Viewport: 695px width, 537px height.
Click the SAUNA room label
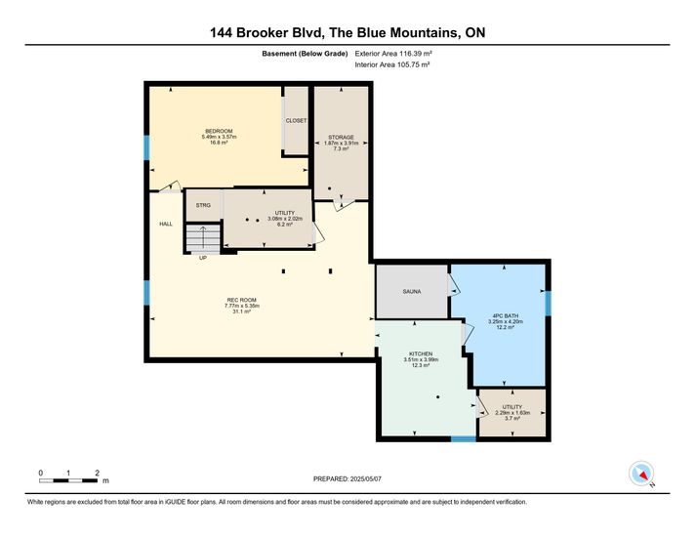coord(412,291)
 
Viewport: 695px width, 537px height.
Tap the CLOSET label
coord(296,121)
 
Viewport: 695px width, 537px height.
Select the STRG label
coord(203,205)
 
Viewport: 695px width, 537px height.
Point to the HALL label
coord(166,224)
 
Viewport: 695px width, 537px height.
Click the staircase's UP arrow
coord(203,237)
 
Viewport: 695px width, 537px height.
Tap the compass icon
coord(641,474)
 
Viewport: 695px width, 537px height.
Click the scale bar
coord(68,480)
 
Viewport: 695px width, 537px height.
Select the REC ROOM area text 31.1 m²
coord(242,311)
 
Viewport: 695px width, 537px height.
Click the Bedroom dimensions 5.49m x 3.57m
coord(219,137)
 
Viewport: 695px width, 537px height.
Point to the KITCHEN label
coord(421,353)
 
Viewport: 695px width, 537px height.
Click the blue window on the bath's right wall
coord(548,304)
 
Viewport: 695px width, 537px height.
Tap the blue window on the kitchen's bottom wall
coord(464,439)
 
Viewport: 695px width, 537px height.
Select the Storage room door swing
coord(344,205)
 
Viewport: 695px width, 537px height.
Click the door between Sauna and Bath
coord(454,285)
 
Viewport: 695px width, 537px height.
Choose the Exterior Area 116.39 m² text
coord(393,54)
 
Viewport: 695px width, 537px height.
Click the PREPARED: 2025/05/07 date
coord(347,479)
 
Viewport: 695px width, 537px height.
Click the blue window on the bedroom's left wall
coord(146,147)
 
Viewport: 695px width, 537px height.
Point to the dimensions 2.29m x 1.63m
coord(512,412)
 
